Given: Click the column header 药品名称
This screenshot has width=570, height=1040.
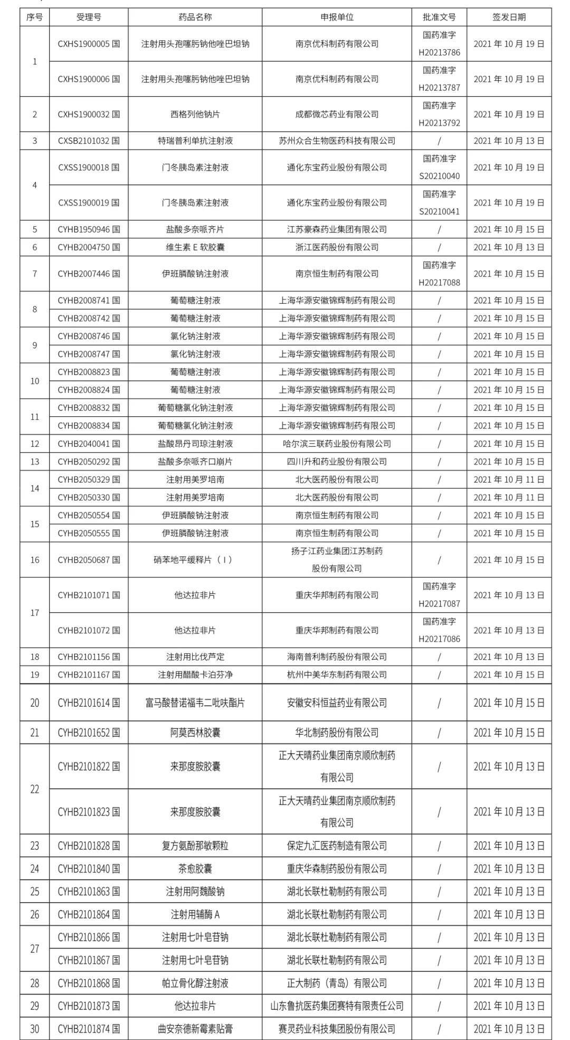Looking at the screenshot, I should [x=195, y=17].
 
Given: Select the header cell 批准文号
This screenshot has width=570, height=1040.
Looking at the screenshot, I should [x=439, y=17].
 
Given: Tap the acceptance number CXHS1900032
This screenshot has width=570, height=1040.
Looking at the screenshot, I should [x=89, y=114].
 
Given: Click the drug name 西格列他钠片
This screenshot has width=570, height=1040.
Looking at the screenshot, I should [x=195, y=114].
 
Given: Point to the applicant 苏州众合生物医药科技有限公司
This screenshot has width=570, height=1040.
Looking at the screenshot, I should [x=337, y=140].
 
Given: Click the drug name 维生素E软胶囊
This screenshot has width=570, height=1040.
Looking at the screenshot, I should [x=195, y=247].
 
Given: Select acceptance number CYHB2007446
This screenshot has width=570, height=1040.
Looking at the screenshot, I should [x=89, y=274].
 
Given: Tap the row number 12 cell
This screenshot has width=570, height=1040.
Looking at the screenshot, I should [x=35, y=444].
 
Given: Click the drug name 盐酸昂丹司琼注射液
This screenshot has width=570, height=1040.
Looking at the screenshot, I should [x=195, y=444].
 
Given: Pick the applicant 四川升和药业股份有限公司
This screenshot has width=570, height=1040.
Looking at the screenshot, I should [x=337, y=462].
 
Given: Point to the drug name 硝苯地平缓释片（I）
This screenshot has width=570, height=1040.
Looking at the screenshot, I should [x=195, y=560].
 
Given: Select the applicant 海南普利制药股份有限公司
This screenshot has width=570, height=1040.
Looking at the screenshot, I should [x=337, y=657].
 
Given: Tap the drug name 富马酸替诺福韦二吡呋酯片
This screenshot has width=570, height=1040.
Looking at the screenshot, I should [x=195, y=703].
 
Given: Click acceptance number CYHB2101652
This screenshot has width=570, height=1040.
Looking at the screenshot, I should [x=89, y=733].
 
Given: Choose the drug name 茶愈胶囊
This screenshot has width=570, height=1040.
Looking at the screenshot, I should [x=195, y=869].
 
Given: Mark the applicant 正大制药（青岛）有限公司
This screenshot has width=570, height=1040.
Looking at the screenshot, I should [x=337, y=983].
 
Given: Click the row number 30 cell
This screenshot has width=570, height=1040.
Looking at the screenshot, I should [x=35, y=1029].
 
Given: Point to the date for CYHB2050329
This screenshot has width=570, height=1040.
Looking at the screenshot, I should [x=509, y=480].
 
